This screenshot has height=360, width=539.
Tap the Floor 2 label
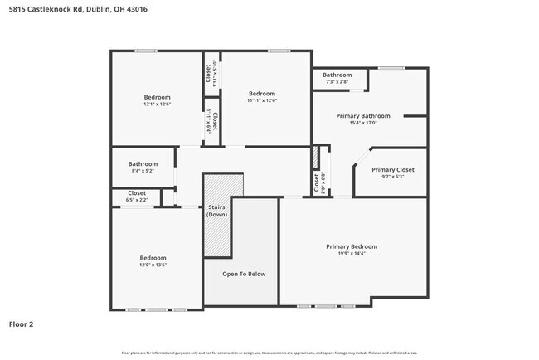22,324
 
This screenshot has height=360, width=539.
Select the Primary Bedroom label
351,246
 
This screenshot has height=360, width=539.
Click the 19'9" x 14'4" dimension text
351,254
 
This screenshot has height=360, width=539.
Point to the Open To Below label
244,274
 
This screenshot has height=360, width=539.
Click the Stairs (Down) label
217,211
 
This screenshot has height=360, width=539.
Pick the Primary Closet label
392,169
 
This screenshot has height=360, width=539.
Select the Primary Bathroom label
362,116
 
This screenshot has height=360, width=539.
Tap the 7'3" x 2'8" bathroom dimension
337,81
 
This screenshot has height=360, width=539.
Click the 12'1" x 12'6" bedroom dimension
157,104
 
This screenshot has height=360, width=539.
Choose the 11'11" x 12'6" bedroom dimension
262,100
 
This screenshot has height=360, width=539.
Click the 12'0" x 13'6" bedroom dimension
153,265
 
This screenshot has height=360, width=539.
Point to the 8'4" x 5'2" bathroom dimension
143,171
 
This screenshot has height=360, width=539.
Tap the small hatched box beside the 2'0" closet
316,158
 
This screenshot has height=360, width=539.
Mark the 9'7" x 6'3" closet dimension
392,176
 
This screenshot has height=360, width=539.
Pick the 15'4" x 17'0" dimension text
362,123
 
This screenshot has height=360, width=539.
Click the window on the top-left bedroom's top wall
147,51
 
